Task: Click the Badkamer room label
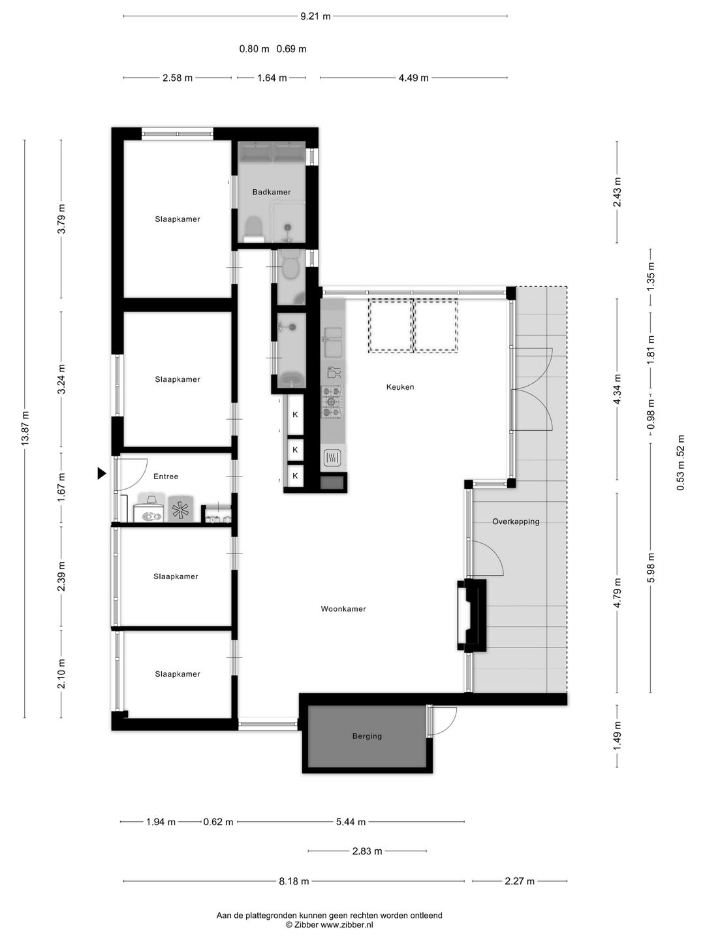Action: tap(272, 192)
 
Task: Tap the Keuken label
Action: tap(400, 387)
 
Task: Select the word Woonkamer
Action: tap(343, 609)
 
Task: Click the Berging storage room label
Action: tap(367, 736)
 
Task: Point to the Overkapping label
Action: tap(516, 522)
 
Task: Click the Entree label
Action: tap(166, 477)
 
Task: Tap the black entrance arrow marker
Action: tap(101, 473)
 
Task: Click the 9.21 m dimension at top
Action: tap(315, 16)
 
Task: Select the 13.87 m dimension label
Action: tap(25, 428)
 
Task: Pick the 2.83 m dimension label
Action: tap(367, 851)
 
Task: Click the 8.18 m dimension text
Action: tap(294, 881)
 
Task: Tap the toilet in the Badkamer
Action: tap(253, 229)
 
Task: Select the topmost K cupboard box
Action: tap(295, 415)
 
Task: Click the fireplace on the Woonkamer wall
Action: tap(471, 615)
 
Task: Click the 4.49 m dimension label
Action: tap(413, 78)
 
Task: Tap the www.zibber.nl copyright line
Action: tap(329, 924)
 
